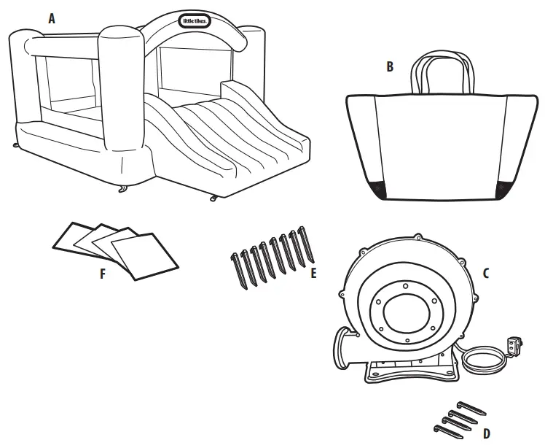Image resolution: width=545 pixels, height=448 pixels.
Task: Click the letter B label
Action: (390, 67)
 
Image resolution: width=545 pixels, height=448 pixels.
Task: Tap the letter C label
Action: (486, 274)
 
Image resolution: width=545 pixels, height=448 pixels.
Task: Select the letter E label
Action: (314, 274)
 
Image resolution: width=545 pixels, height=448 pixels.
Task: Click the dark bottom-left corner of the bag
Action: (377, 190)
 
